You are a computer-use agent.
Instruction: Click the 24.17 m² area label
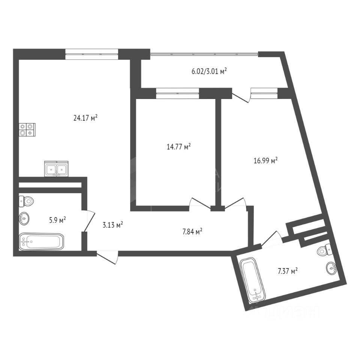85,118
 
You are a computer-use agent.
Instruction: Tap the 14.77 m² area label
178,147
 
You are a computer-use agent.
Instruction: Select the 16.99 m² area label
265,161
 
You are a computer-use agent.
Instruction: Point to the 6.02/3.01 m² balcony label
208,71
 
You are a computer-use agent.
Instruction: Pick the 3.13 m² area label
113,225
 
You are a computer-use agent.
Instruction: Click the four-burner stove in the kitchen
27,129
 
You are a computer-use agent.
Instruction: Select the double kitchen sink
56,169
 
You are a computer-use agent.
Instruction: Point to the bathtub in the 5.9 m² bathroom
41,242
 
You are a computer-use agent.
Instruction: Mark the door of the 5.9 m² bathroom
88,222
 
